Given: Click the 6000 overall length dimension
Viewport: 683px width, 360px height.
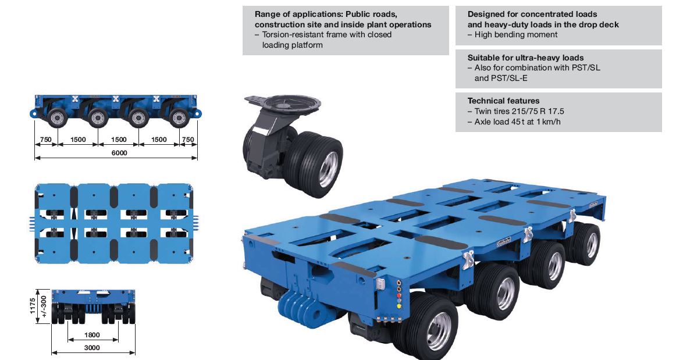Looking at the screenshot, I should [119, 152].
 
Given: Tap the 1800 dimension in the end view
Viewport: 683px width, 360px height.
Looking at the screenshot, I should [93, 335].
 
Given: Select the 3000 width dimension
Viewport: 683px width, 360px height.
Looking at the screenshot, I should [93, 348].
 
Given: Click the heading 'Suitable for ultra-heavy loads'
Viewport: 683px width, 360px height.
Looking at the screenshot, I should [525, 58].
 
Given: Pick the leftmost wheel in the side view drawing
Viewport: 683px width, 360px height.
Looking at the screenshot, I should [57, 118].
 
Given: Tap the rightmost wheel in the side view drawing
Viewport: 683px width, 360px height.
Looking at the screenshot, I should [179, 118].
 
